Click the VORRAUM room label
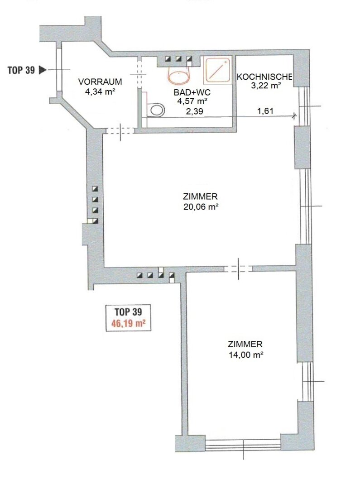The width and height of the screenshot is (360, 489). click(100, 81)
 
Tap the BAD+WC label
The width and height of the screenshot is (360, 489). click(192, 92)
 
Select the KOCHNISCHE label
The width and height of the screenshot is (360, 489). click(264, 77)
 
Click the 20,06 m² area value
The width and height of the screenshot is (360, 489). click(201, 207)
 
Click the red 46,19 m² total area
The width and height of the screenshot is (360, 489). click(129, 323)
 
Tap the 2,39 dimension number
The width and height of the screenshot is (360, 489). click(194, 111)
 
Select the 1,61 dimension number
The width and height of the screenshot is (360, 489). click(265, 111)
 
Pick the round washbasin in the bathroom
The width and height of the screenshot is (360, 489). click(179, 76)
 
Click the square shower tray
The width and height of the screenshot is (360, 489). click(217, 70)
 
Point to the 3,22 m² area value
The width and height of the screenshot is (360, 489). click(266, 86)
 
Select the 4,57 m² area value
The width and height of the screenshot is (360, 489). click(192, 101)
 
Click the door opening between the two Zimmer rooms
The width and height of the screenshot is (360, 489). click(238, 268)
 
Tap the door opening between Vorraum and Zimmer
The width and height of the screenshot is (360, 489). click(120, 131)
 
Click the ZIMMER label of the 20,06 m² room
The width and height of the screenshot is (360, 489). click(200, 197)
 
